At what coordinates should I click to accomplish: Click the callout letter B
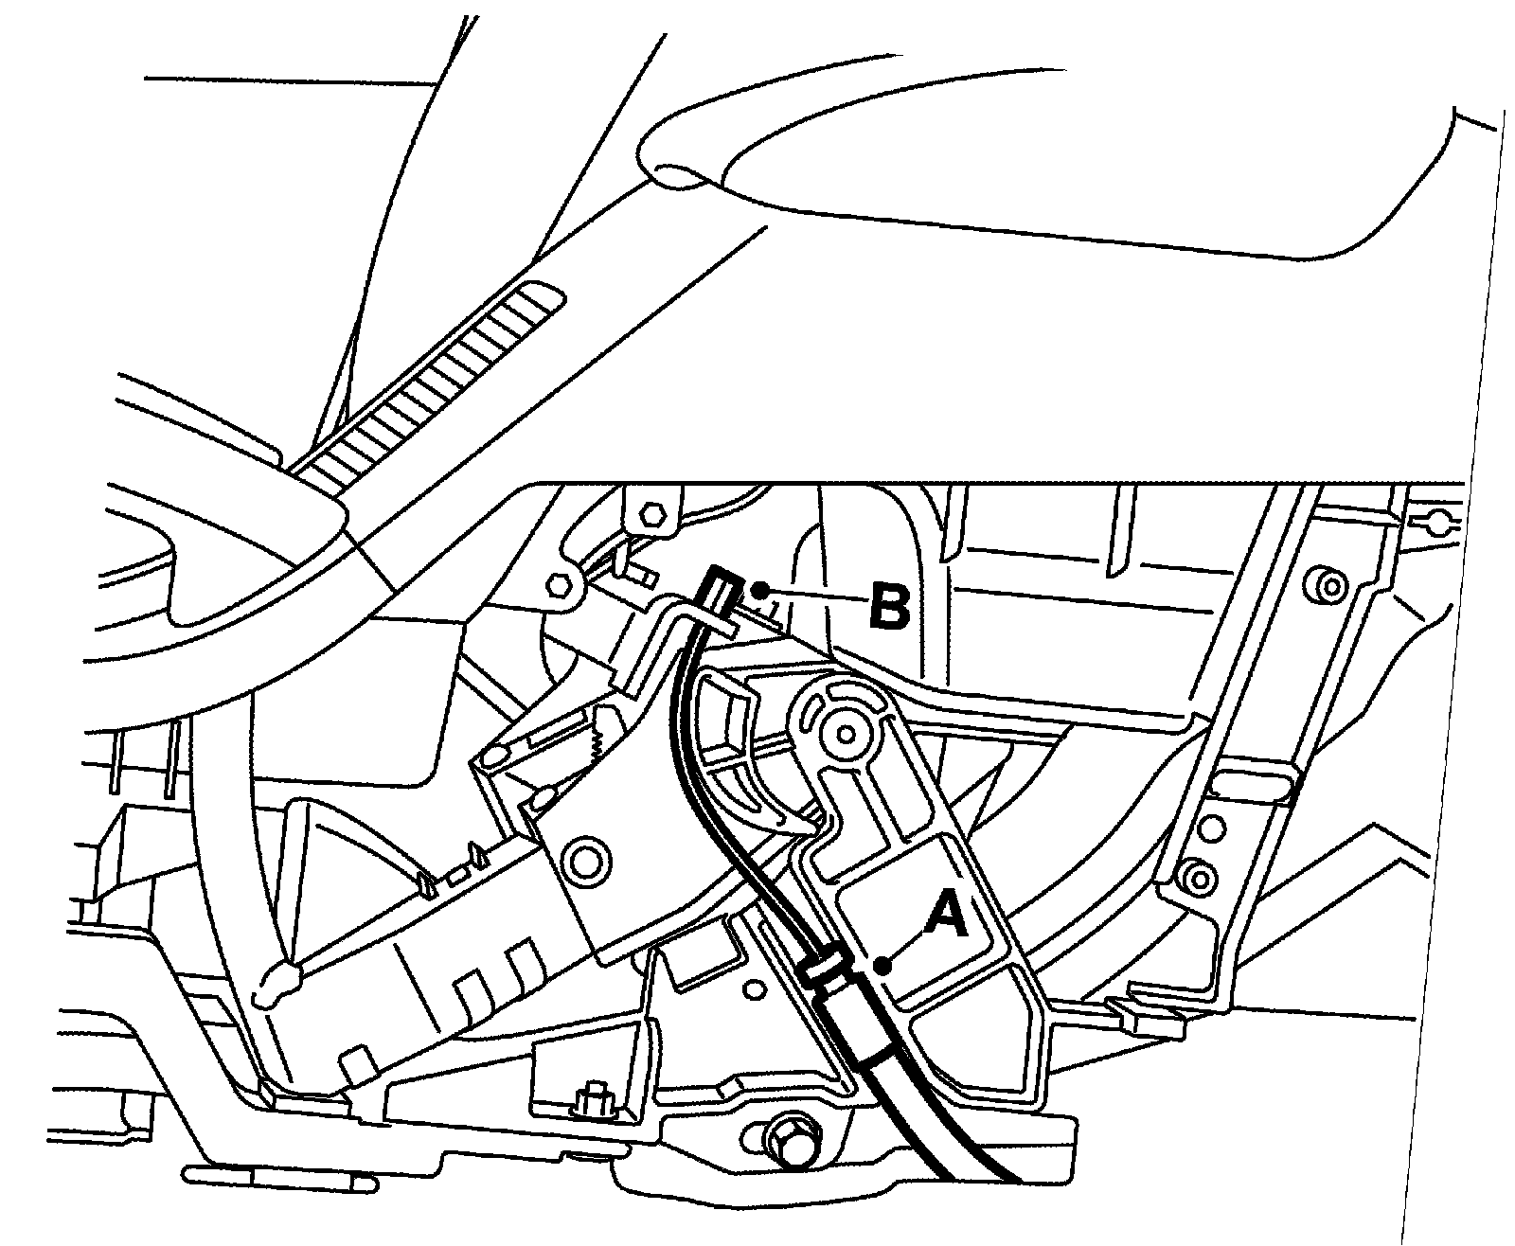[x=889, y=606]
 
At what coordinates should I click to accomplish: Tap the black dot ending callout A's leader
[x=882, y=966]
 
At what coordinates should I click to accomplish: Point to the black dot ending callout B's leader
[x=757, y=590]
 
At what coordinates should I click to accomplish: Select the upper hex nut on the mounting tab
[x=652, y=514]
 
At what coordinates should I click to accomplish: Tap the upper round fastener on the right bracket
[x=1326, y=584]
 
